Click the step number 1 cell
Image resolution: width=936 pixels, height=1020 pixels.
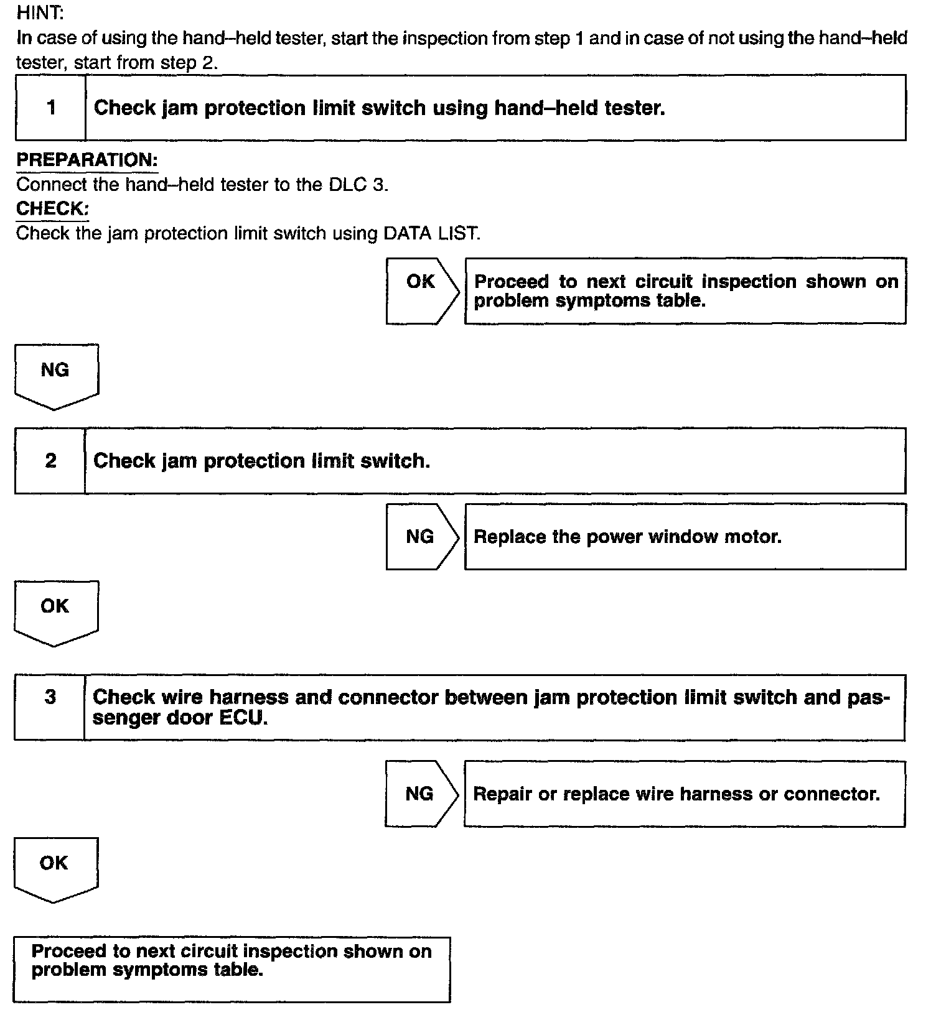pyautogui.click(x=51, y=108)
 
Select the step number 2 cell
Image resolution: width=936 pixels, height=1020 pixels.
pyautogui.click(x=50, y=460)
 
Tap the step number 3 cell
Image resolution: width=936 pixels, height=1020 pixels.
pyautogui.click(x=50, y=697)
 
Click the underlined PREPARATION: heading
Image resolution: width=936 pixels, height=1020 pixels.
pyautogui.click(x=87, y=160)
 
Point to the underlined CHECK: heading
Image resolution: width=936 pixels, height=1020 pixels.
pyautogui.click(x=52, y=208)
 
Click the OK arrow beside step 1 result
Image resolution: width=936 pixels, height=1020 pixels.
pyautogui.click(x=421, y=290)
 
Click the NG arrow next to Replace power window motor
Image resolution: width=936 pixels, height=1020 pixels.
pyautogui.click(x=421, y=536)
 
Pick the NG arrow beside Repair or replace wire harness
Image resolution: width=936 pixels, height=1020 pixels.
pyautogui.click(x=420, y=793)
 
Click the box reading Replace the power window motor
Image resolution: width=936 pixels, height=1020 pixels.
pyautogui.click(x=685, y=536)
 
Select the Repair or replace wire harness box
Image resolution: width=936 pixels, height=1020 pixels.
pyautogui.click(x=684, y=794)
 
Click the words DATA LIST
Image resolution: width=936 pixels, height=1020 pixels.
pyautogui.click(x=432, y=234)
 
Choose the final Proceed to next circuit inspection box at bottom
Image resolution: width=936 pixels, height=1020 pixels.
pyautogui.click(x=232, y=970)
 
